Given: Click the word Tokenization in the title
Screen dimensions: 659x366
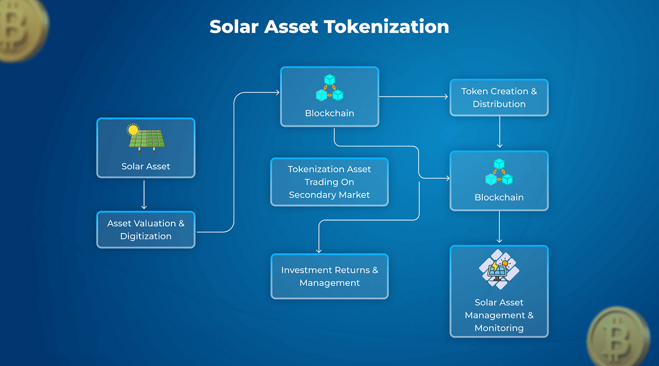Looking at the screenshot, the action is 386,27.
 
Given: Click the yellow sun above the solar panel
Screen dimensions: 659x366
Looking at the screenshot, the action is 133,130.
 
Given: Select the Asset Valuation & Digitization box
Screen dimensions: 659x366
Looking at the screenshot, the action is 146,230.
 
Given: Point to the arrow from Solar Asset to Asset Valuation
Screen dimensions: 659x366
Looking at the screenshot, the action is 144,195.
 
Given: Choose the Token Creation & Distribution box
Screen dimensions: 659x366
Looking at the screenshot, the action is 499,98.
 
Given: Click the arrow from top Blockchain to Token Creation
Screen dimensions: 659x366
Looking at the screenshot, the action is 414,96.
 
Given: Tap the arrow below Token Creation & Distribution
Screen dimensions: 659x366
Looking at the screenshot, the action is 499,132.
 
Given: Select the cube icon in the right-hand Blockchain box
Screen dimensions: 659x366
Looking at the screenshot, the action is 499,172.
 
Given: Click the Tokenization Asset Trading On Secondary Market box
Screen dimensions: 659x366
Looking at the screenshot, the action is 329,182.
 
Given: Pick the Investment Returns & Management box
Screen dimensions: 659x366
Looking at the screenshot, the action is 329,276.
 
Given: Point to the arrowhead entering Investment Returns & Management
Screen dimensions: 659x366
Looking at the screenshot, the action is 319,251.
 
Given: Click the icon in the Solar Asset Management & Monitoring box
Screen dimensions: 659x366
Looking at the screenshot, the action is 499,270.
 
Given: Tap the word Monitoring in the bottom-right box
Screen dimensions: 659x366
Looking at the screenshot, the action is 499,328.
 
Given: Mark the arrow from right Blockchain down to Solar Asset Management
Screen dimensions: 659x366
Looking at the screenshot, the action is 499,227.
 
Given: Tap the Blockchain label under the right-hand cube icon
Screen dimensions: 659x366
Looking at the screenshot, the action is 499,198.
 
